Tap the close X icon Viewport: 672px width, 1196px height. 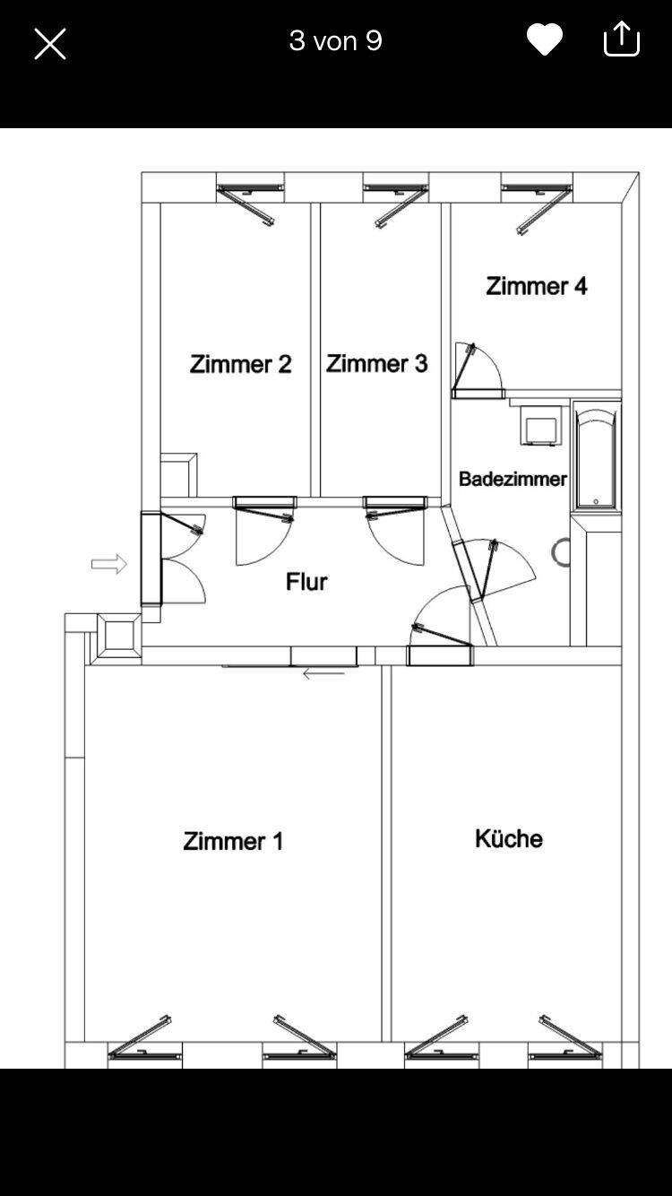tap(50, 44)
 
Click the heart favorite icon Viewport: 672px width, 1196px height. tap(545, 39)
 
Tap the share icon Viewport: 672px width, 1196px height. tap(621, 39)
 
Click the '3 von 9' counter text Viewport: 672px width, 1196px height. tap(336, 40)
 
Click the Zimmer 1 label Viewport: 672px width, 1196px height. tap(233, 841)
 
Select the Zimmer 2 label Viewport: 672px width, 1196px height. tap(241, 364)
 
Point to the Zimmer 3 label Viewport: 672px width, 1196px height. tap(377, 364)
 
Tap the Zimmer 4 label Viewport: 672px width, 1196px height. tap(537, 286)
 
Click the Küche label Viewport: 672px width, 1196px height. tap(509, 838)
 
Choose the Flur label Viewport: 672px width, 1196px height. tap(306, 582)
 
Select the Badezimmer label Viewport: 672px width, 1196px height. tap(513, 479)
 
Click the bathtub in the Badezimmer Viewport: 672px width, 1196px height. tap(596, 457)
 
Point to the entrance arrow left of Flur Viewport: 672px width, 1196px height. tap(109, 564)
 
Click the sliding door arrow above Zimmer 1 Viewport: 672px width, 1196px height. tap(323, 674)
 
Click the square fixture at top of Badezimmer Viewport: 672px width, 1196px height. tap(540, 424)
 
